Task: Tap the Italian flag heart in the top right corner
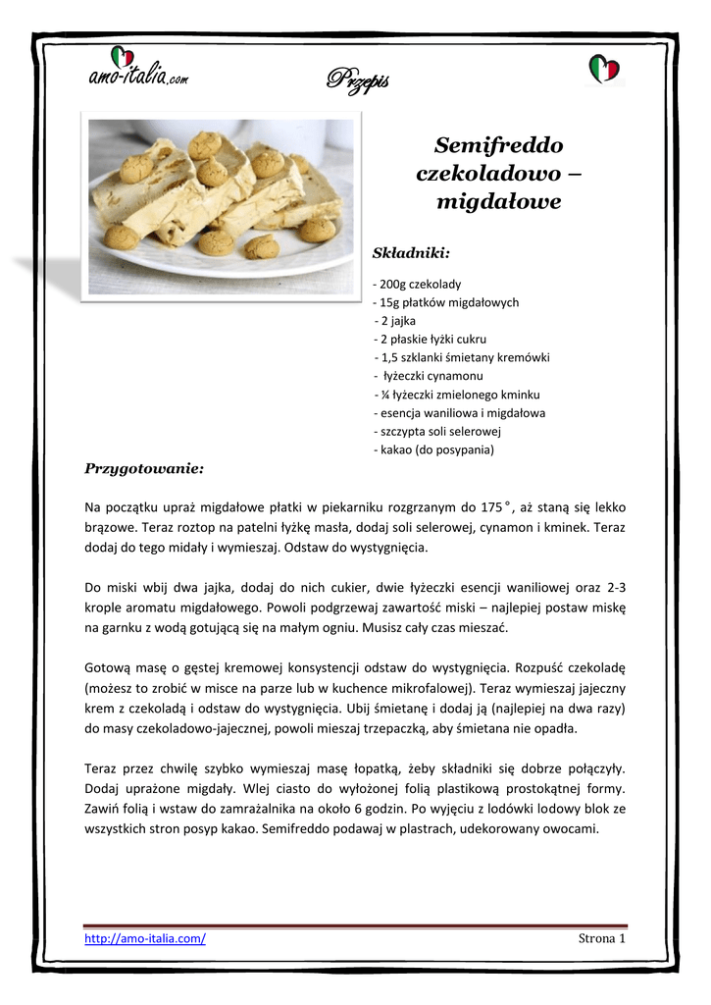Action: tap(603, 69)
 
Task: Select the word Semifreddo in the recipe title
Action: tap(498, 146)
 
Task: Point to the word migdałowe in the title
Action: tap(498, 202)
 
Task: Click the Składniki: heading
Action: tap(411, 253)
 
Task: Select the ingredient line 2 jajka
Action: tap(397, 321)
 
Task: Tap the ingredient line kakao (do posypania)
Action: tap(434, 450)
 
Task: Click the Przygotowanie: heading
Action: tap(144, 468)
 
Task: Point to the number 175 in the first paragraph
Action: tap(491, 507)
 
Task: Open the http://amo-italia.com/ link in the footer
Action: tap(145, 938)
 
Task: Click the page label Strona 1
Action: tap(602, 938)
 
